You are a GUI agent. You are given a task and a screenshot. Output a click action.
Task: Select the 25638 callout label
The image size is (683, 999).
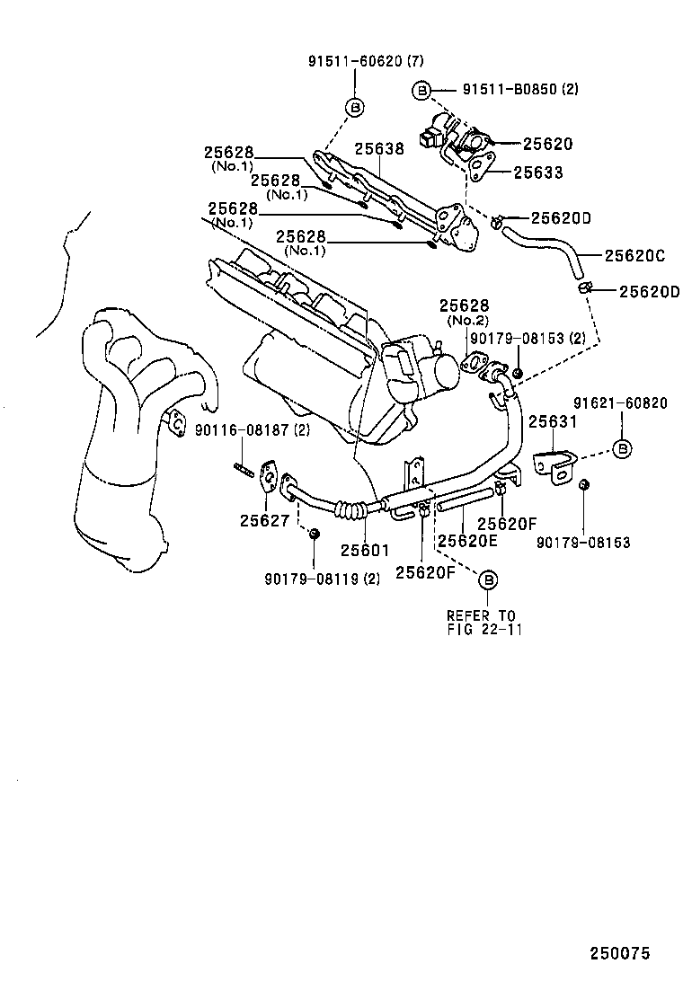tap(378, 149)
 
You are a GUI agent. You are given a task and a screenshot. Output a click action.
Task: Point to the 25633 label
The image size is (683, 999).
tap(538, 172)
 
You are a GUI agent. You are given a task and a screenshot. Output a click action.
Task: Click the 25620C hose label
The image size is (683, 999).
tap(634, 256)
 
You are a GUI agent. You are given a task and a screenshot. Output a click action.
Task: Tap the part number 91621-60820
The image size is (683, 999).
tap(620, 403)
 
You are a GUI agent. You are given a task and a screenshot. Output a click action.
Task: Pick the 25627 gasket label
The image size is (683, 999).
tap(265, 518)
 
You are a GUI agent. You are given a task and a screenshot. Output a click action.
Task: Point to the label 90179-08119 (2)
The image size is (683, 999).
tap(322, 579)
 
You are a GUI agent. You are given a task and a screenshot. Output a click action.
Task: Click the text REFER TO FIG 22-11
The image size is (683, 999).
tap(482, 622)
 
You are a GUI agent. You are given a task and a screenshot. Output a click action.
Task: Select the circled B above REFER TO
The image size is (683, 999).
tap(489, 580)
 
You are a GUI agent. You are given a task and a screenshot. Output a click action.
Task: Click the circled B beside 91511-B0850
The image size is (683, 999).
tap(421, 90)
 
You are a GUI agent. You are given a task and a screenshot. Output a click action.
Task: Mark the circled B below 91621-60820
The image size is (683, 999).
tap(621, 448)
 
